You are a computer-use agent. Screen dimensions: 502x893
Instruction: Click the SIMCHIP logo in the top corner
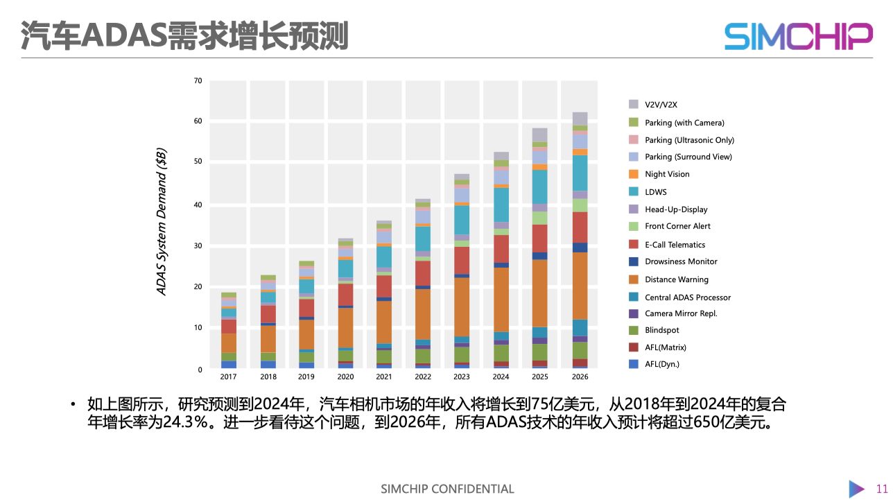point(798,36)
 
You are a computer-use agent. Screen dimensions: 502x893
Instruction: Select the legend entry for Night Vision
point(667,174)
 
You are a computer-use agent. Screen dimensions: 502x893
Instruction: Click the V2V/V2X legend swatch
point(634,105)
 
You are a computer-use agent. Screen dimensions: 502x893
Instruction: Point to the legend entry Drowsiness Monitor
point(681,261)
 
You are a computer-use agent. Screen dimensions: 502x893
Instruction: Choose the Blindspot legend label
point(661,331)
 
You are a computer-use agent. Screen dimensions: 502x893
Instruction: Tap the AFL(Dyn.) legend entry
point(661,364)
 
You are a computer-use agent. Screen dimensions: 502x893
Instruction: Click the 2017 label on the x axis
point(229,376)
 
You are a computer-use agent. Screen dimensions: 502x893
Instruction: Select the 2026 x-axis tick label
point(580,376)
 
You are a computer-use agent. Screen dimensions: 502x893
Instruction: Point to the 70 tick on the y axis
point(198,81)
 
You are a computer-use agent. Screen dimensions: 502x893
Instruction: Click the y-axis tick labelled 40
point(198,205)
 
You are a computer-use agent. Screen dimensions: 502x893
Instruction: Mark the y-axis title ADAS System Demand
point(162,222)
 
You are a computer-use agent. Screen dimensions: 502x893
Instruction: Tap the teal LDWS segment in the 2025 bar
point(540,187)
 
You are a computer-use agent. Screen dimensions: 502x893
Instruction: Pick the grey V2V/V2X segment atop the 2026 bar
point(580,119)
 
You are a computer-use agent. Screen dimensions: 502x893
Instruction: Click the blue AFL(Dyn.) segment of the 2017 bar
point(229,364)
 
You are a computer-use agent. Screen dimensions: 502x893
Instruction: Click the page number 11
point(882,488)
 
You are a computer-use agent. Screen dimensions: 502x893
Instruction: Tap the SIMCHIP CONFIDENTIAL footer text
point(447,489)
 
